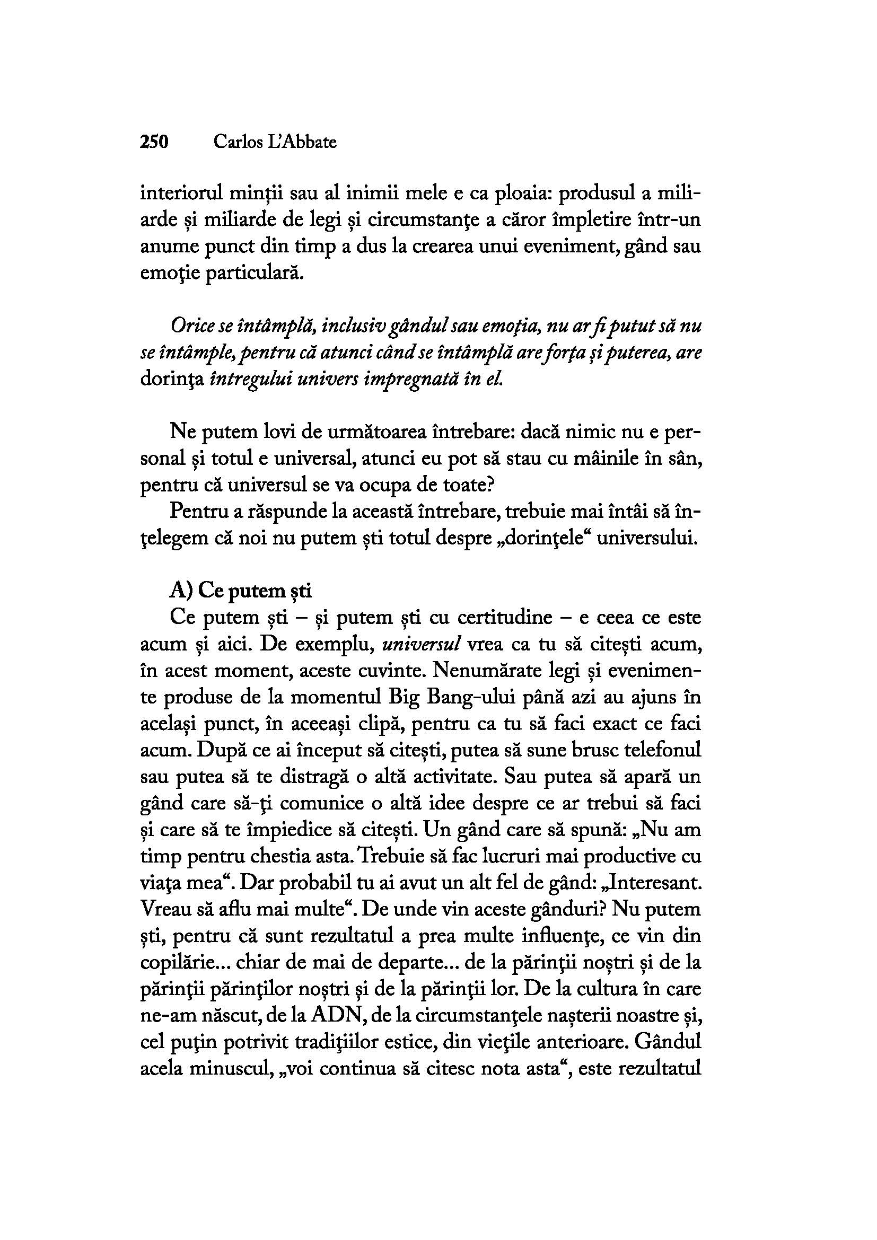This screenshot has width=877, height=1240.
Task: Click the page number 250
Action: coord(154,142)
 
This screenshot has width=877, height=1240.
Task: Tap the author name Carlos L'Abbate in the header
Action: coord(275,142)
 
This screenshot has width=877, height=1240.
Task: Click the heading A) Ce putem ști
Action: coord(241,592)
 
